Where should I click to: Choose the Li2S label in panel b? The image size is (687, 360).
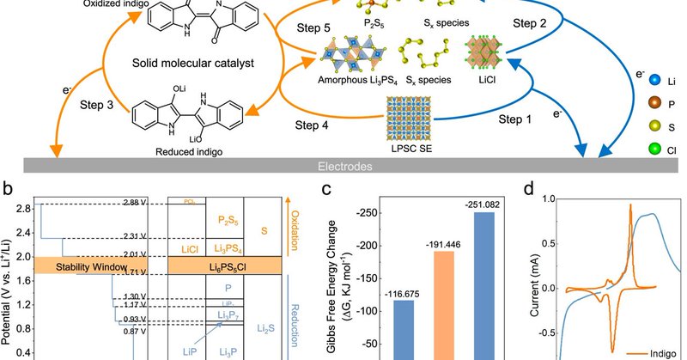point(268,327)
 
